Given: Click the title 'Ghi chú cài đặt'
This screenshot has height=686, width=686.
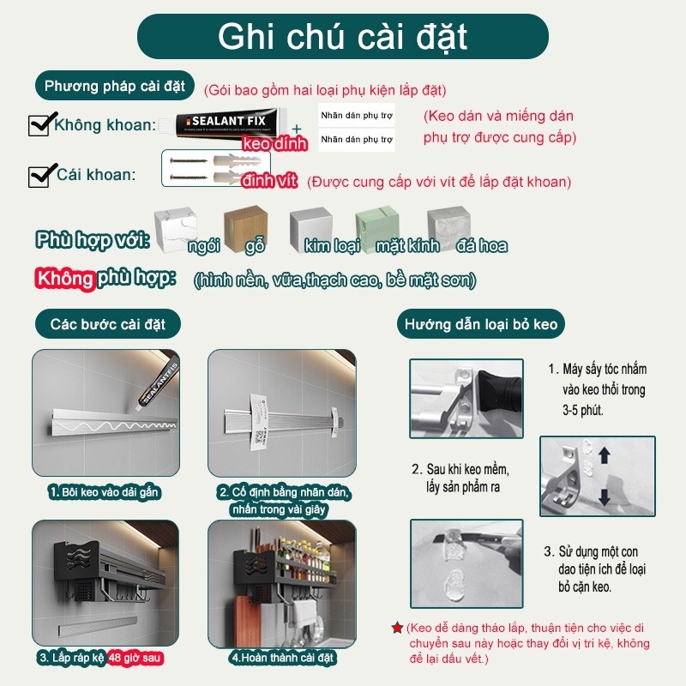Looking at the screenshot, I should point(343,38).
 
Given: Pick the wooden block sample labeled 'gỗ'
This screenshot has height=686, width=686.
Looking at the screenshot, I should point(243,226).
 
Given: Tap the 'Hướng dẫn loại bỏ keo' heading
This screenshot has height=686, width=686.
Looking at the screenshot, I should point(481,324).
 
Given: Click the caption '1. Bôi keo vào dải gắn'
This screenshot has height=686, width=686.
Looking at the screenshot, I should point(106,492).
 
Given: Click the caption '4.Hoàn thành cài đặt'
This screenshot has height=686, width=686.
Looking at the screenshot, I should point(283,659).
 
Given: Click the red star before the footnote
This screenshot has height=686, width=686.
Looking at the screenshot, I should point(396,629).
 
